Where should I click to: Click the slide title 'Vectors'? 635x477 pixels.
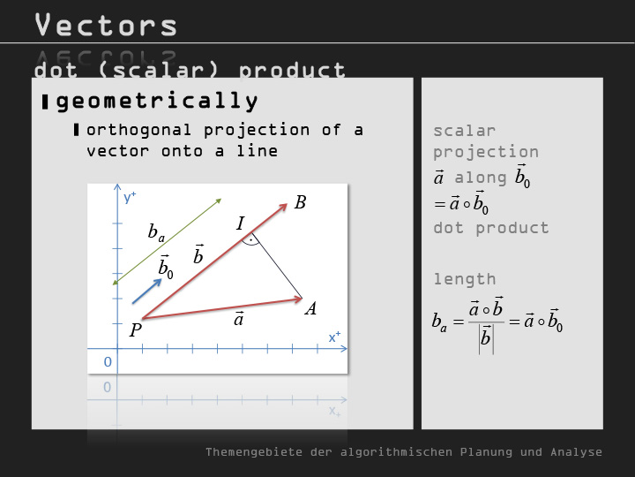tap(106, 25)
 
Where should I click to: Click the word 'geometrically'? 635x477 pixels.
tap(157, 101)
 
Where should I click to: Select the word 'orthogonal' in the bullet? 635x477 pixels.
tap(139, 131)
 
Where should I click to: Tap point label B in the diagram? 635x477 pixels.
tap(300, 202)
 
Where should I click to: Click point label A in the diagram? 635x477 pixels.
tap(310, 309)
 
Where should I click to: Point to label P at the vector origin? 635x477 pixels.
tap(135, 330)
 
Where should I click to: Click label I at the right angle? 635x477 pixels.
tap(241, 223)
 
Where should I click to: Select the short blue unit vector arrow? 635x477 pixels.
tap(146, 291)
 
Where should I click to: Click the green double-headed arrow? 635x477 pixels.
tap(167, 241)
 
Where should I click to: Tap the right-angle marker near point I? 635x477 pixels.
tap(251, 242)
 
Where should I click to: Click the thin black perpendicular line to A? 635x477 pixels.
tap(277, 266)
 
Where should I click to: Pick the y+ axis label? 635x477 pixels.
tap(130, 198)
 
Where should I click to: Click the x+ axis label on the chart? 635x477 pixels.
tap(334, 337)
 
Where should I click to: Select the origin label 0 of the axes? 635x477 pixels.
tap(108, 362)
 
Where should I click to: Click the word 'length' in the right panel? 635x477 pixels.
tap(465, 279)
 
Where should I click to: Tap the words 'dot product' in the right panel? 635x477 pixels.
tap(491, 228)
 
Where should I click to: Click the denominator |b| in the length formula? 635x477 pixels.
tap(486, 339)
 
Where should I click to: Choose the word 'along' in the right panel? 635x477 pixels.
tap(481, 178)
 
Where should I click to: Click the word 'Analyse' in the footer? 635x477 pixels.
tap(576, 452)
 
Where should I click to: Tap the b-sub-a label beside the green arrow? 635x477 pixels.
tap(156, 233)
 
